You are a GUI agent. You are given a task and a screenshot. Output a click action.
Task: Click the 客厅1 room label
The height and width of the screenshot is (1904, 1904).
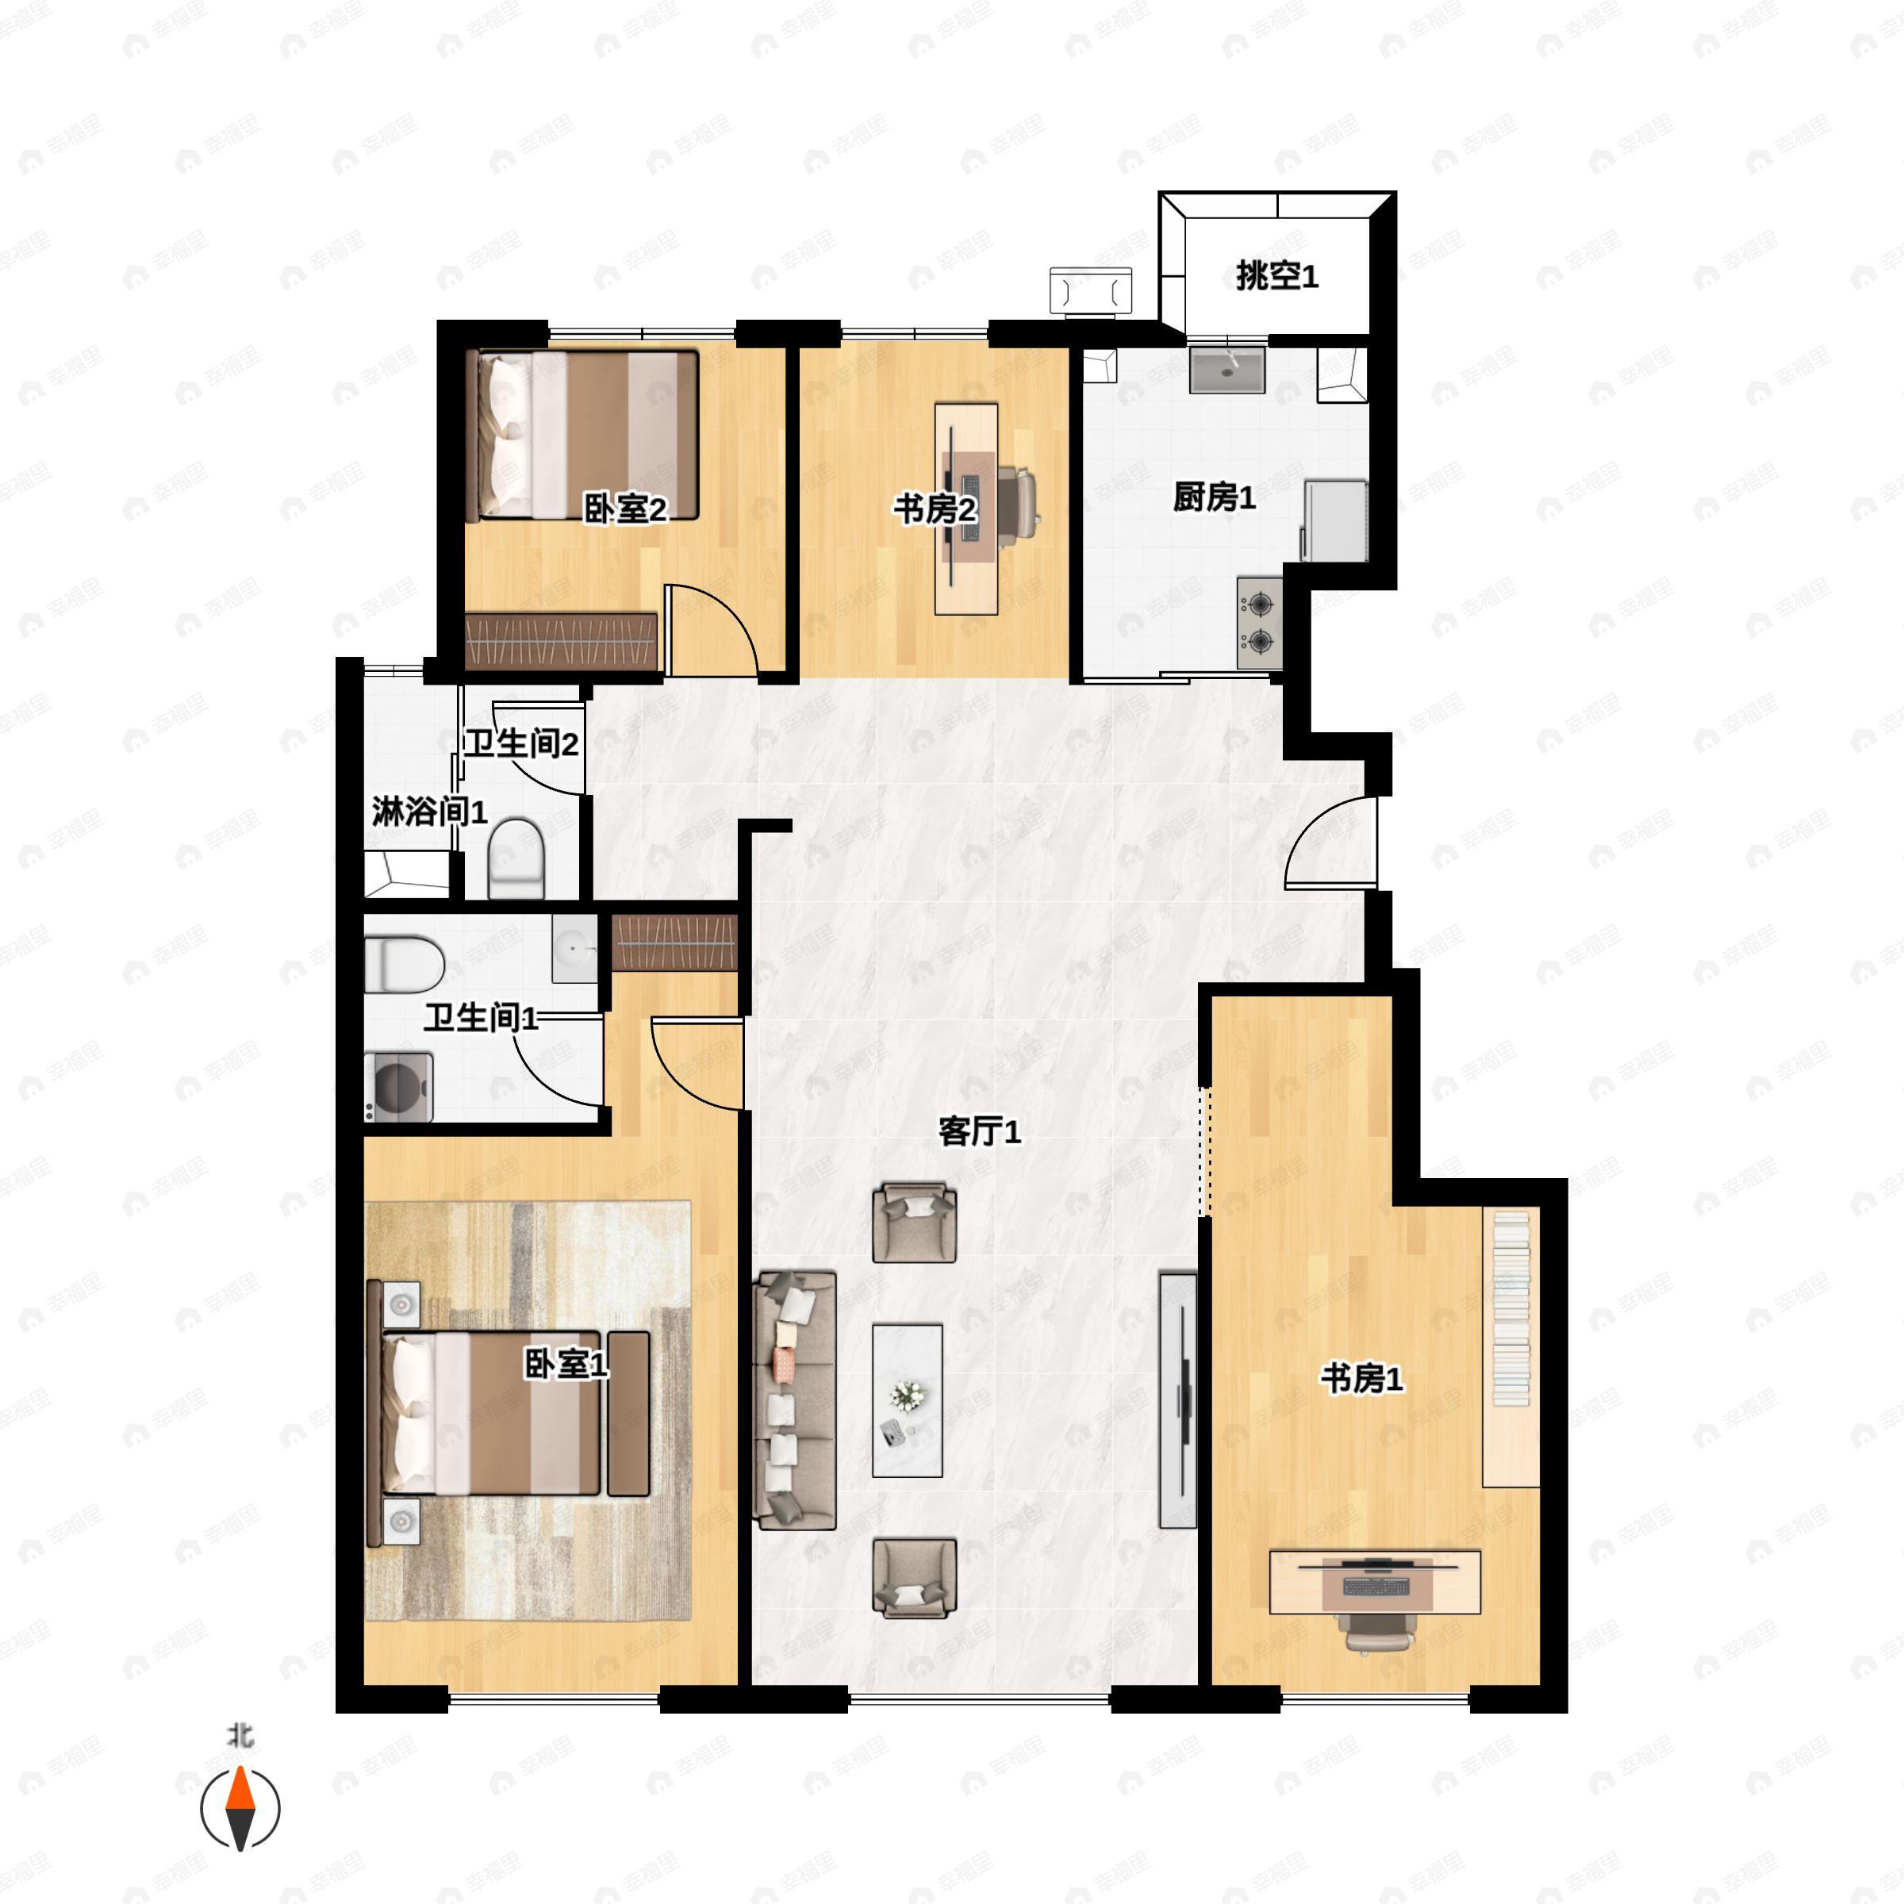pyautogui.click(x=980, y=1131)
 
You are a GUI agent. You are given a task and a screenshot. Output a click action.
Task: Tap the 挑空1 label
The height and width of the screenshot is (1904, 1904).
pyautogui.click(x=1277, y=276)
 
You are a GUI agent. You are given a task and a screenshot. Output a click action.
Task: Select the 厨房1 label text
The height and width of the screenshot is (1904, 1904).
pyautogui.click(x=1214, y=497)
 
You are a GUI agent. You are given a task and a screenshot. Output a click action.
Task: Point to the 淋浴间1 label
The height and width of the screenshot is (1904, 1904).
pyautogui.click(x=430, y=812)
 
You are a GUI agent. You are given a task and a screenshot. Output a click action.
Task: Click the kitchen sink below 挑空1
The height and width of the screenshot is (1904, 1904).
pyautogui.click(x=1227, y=370)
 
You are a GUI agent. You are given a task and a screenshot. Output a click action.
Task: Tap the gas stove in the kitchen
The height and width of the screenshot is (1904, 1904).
pyautogui.click(x=1261, y=624)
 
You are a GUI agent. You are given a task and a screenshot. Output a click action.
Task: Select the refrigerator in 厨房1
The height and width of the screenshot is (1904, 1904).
pyautogui.click(x=1335, y=520)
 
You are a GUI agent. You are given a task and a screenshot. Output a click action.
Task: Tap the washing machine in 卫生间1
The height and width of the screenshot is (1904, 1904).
pyautogui.click(x=399, y=1087)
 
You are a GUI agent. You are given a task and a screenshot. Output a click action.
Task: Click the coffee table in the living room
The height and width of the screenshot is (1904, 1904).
pyautogui.click(x=908, y=1400)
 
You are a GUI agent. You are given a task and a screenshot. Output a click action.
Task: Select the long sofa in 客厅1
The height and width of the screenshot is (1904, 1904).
pyautogui.click(x=794, y=1400)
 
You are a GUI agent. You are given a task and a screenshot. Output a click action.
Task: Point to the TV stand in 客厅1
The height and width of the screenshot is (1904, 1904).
pyautogui.click(x=1177, y=1400)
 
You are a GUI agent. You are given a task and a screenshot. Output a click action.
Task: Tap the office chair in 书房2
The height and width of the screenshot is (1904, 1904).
pyautogui.click(x=1018, y=504)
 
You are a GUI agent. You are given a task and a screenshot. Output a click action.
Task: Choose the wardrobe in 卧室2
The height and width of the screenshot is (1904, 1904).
pyautogui.click(x=561, y=642)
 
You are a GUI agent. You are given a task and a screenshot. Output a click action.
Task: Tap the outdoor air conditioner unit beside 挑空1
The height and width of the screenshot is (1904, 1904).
pyautogui.click(x=1091, y=290)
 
